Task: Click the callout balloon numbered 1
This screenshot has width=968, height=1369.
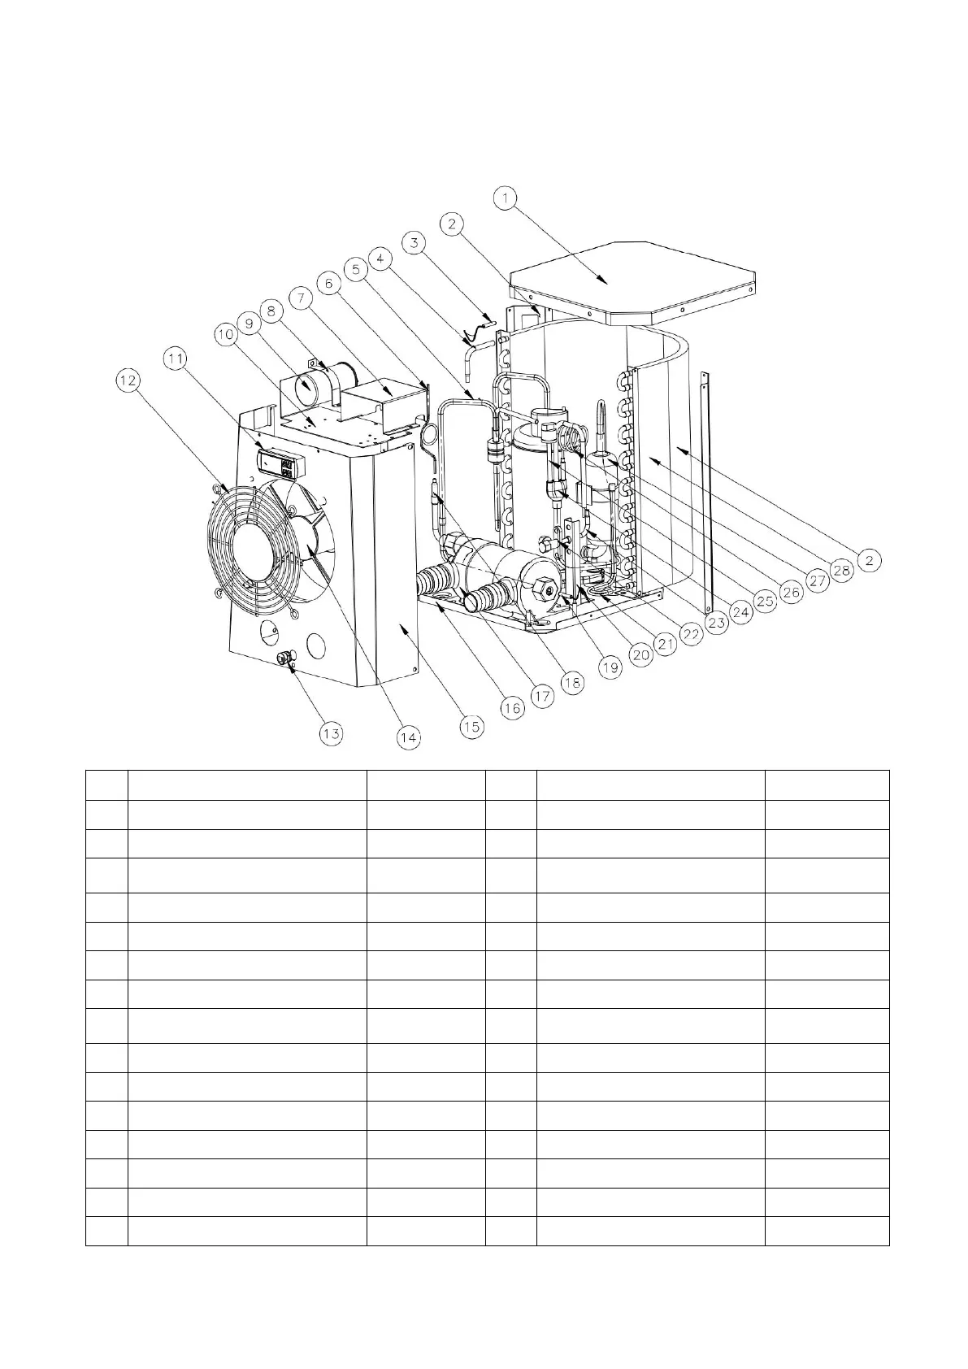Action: click(506, 198)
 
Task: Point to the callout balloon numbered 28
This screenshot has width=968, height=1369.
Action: click(842, 570)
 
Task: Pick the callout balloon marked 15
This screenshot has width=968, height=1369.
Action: click(471, 726)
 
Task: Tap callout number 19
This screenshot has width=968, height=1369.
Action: click(610, 667)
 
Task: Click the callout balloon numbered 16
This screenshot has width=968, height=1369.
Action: click(510, 708)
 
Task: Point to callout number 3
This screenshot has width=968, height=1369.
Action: click(415, 241)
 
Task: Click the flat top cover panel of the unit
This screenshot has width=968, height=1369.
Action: click(634, 276)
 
